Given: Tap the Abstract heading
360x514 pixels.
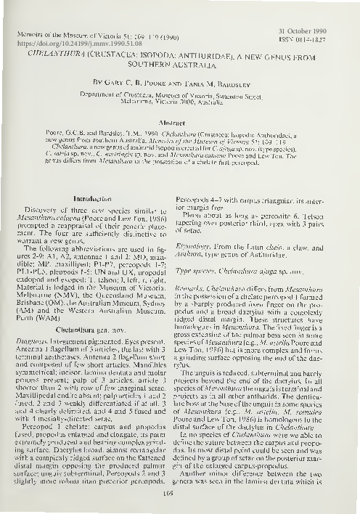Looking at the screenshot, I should (180, 124).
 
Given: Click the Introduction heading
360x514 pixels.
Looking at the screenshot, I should (95, 197).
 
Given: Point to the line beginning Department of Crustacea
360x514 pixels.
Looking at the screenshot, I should (179, 94).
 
